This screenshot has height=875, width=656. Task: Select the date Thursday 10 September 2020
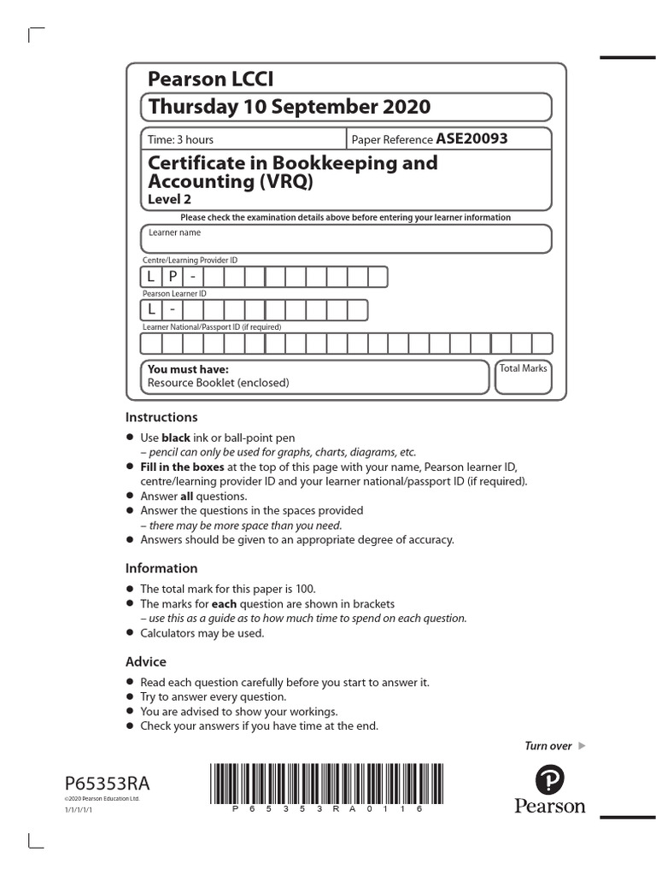point(290,107)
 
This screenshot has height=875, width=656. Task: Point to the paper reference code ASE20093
point(471,138)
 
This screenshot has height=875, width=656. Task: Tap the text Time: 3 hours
point(181,139)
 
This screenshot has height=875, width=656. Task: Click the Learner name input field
point(346,239)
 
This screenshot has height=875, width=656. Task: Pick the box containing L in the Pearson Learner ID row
point(151,309)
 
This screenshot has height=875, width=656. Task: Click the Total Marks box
point(524,377)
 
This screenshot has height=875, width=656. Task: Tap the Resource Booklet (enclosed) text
point(218,383)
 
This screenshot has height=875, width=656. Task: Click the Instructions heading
point(161,417)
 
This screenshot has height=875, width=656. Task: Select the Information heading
point(161,568)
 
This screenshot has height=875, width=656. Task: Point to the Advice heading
point(146,662)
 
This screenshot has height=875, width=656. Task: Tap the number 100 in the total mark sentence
point(303,589)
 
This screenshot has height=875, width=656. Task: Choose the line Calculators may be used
point(202,633)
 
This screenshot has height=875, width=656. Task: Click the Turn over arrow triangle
point(583,746)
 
